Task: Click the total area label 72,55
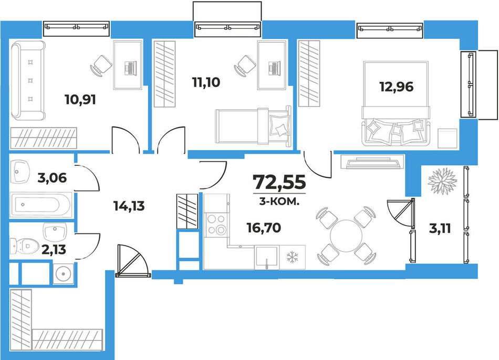[x=279, y=182]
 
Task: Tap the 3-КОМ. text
[x=279, y=202]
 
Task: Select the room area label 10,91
[x=80, y=100]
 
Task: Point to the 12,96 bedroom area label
[x=396, y=86]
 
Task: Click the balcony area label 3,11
[x=440, y=228]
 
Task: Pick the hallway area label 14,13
[x=129, y=206]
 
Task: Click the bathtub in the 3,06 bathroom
[x=40, y=205]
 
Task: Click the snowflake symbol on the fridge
[x=292, y=257]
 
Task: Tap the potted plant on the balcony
[x=442, y=181]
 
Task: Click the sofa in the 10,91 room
[x=28, y=80]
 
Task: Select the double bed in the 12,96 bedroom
[x=396, y=104]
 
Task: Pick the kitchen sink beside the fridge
[x=267, y=257]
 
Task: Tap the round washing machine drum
[x=64, y=273]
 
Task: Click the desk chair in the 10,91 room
[x=101, y=66]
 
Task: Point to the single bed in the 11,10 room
[x=253, y=127]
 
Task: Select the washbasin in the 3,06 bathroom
[x=20, y=172]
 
